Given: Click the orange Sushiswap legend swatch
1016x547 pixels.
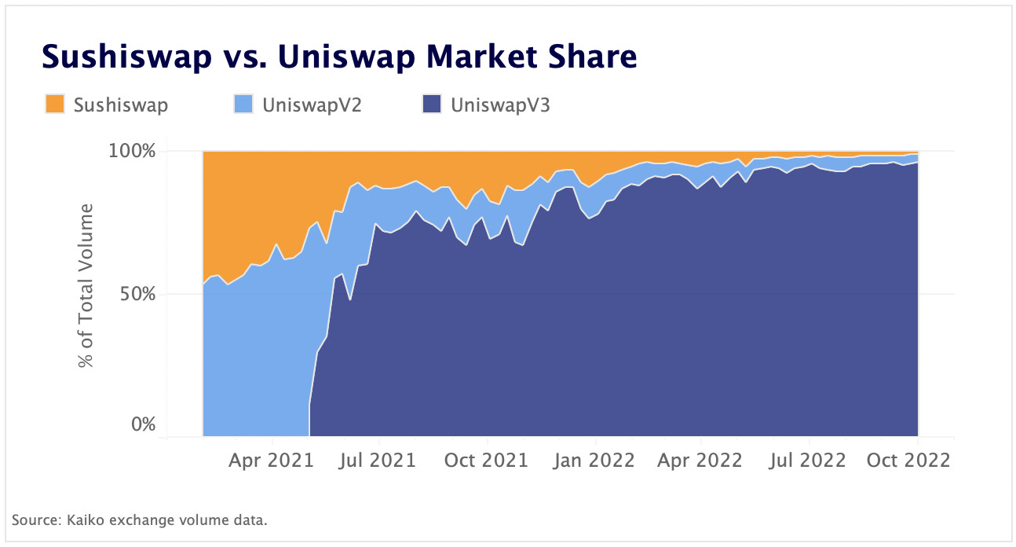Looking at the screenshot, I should [x=54, y=104].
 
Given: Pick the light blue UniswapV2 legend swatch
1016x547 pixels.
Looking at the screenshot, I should [x=243, y=104].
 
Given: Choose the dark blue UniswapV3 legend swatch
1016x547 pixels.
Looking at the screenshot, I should [x=432, y=104].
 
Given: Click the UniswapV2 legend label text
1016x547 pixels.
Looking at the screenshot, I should [x=312, y=105].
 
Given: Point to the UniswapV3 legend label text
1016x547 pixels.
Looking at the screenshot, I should [x=500, y=105].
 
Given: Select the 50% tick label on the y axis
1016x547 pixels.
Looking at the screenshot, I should [x=138, y=294].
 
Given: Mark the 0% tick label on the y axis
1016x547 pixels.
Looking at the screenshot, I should [x=144, y=425].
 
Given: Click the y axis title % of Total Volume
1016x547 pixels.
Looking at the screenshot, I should [x=86, y=286].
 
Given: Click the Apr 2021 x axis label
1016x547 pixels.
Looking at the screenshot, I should [x=272, y=460].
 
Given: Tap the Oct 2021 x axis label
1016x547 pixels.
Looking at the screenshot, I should [x=486, y=460].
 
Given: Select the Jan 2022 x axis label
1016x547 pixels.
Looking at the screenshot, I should [x=594, y=460].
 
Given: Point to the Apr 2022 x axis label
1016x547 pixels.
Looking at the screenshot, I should [x=701, y=460].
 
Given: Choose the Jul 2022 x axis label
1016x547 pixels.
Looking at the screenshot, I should [x=809, y=460].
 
